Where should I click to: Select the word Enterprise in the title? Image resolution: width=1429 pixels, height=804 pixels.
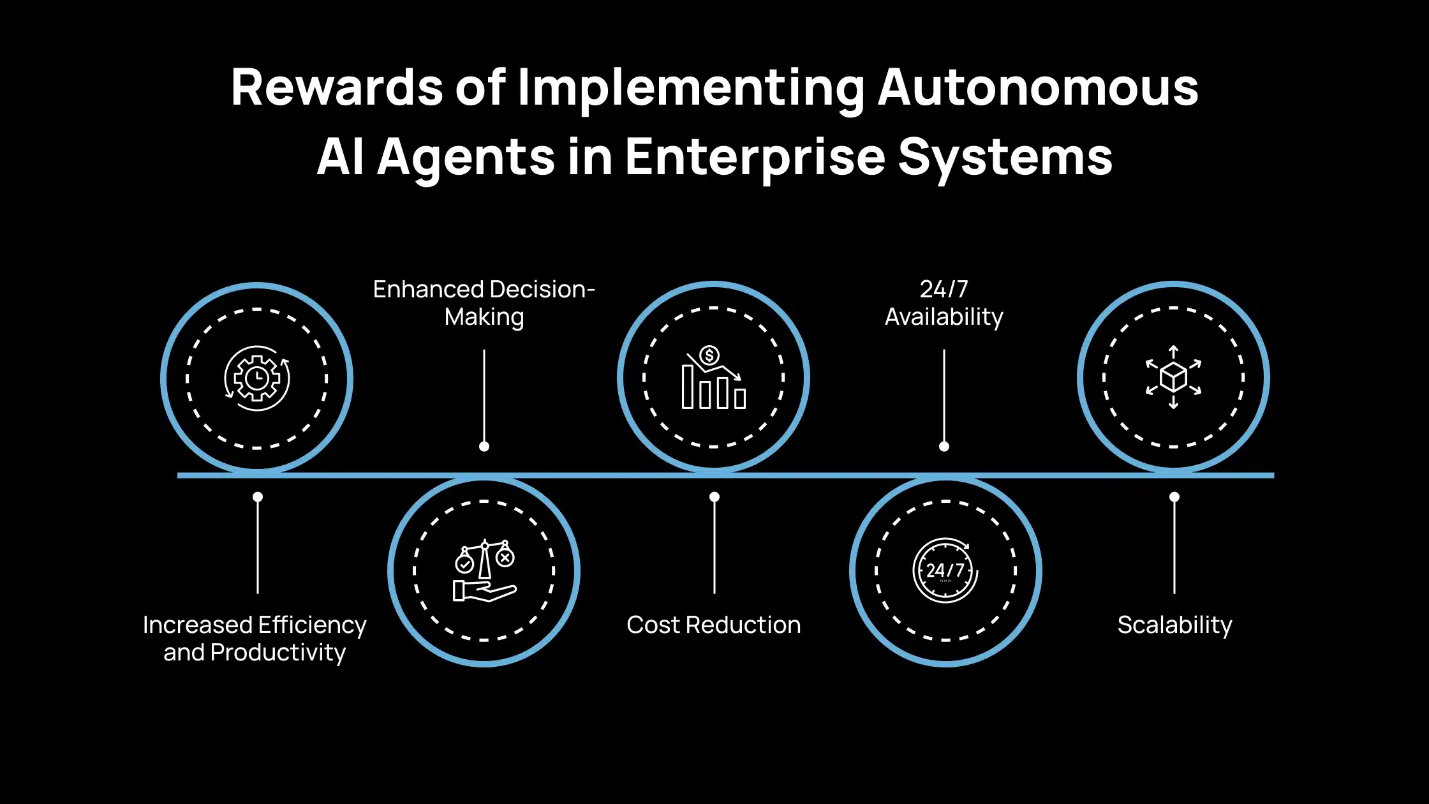755,158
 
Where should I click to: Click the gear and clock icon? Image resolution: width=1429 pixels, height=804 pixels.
256,378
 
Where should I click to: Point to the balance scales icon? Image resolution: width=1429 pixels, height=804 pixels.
485,570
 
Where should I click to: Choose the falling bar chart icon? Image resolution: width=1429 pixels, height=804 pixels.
713,377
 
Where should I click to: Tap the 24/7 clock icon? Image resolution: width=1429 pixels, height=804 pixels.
945,570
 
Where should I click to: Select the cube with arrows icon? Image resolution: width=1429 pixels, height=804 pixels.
1173,377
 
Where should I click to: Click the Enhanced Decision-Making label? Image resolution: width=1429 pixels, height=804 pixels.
484,303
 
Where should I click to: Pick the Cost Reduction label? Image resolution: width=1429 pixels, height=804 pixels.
713,625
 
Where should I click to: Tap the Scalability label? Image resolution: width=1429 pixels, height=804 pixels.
1174,625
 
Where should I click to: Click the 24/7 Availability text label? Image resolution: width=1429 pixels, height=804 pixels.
944,303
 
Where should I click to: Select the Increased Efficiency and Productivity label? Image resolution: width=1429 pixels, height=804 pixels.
255,639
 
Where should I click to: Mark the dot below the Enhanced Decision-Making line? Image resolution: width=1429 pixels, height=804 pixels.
484,447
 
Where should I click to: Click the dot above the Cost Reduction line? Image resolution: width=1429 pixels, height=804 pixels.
714,496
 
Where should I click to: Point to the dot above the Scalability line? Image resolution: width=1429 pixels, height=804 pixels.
1174,496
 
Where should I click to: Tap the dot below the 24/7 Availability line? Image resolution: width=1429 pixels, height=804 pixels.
944,447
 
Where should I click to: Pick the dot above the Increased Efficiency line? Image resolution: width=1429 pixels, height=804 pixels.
258,496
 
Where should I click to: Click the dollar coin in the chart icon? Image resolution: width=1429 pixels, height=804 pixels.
709,355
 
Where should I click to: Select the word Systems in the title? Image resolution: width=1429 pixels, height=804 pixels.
1005,158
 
